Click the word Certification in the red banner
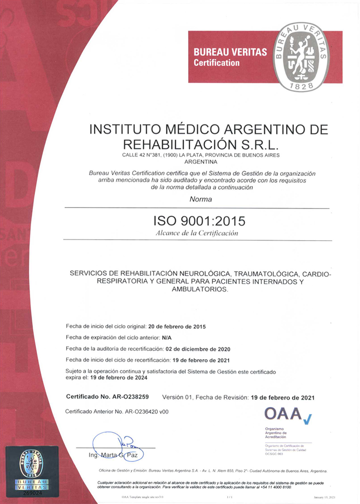(216, 63)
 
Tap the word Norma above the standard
(200, 200)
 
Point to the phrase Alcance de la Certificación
(197, 233)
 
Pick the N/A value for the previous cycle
(167, 338)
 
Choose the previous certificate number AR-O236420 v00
(147, 411)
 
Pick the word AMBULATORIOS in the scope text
(199, 290)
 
